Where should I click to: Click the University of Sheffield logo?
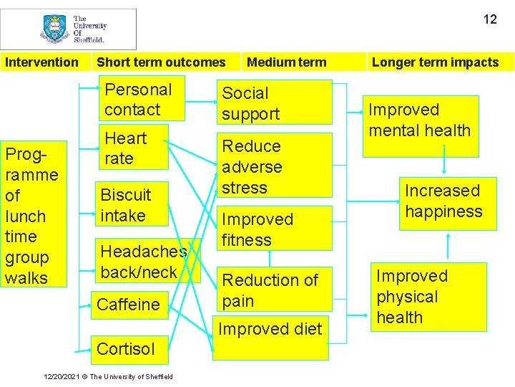point(69,29)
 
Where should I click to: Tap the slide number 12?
point(490,19)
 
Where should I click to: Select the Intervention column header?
point(41,62)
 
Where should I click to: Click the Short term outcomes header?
point(161,62)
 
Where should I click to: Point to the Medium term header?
point(286,62)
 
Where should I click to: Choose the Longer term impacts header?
point(435,62)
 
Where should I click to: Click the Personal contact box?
point(142,99)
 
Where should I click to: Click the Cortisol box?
point(127,349)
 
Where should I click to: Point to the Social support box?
point(274,102)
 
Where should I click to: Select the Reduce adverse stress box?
point(274,166)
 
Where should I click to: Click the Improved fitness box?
point(274,229)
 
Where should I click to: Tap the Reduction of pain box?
point(274,290)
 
